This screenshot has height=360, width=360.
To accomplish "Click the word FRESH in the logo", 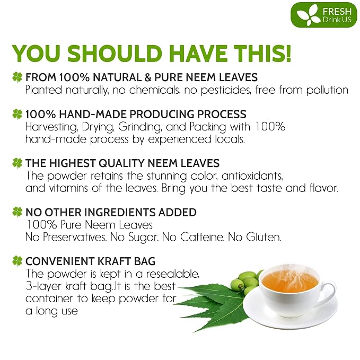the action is coord(337,12).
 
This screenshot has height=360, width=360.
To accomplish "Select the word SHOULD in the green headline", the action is coord(115,53).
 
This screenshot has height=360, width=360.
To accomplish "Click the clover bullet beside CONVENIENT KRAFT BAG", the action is coord(17,261).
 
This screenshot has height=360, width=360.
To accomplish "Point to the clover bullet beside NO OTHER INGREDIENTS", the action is coord(17,212).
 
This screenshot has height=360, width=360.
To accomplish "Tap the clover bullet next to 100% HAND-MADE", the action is coord(17,114).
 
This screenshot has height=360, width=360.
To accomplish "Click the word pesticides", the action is coord(226,90).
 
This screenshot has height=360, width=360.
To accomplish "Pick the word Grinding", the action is coord(140,127).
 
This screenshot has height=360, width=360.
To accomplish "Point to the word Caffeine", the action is coord(202,237).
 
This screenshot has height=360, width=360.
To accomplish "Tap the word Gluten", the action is coord(264,237).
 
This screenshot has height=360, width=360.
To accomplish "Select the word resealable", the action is coord(173,274).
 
